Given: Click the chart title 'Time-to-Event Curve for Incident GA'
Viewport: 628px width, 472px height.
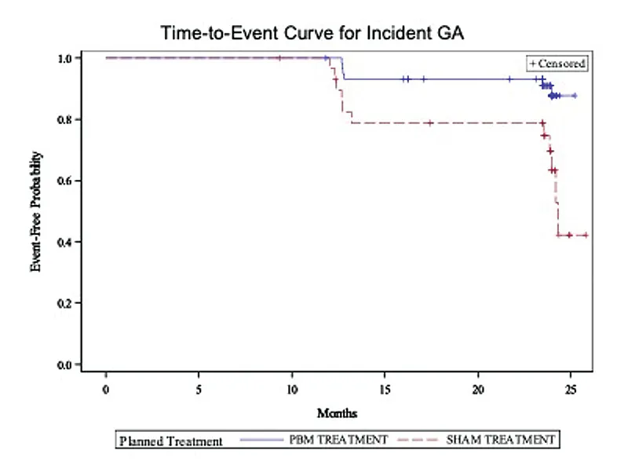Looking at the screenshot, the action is pyautogui.click(x=312, y=33).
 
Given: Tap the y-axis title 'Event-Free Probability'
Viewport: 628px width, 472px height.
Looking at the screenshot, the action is pyautogui.click(x=35, y=211).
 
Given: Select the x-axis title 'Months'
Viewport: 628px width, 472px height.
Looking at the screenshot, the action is pyautogui.click(x=337, y=413).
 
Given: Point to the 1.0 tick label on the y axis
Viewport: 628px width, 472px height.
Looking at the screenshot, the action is pyautogui.click(x=64, y=58).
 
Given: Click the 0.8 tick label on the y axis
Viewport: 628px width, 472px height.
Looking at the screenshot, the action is pyautogui.click(x=64, y=120).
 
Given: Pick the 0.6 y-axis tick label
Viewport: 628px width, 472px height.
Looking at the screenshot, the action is pyautogui.click(x=64, y=181).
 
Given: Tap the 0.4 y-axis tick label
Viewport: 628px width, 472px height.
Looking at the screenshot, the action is pyautogui.click(x=64, y=243).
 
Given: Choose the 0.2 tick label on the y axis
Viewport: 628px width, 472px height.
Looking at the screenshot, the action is pyautogui.click(x=64, y=303).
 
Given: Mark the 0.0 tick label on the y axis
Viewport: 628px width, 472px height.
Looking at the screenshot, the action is pyautogui.click(x=64, y=365).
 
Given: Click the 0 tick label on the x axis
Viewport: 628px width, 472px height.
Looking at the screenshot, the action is pyautogui.click(x=106, y=390).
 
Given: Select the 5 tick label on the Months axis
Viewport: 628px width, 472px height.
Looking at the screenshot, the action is pyautogui.click(x=199, y=390).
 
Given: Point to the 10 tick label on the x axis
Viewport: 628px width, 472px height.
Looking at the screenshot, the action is pyautogui.click(x=292, y=390).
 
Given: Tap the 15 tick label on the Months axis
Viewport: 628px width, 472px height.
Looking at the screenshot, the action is pyautogui.click(x=385, y=390).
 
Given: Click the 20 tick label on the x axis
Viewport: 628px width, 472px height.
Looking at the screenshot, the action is pyautogui.click(x=478, y=390).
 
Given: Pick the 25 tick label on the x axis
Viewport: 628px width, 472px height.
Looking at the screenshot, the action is pyautogui.click(x=571, y=390).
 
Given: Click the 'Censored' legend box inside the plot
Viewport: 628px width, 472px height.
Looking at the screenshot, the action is pyautogui.click(x=557, y=64).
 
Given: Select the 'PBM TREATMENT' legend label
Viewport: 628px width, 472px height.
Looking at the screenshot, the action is pyautogui.click(x=338, y=440).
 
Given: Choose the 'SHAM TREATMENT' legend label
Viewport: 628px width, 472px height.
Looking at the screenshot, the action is pyautogui.click(x=501, y=440).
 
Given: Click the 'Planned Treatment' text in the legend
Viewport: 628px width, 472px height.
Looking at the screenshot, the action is pyautogui.click(x=171, y=441).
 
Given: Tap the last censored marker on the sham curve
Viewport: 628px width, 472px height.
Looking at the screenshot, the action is pyautogui.click(x=586, y=235).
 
